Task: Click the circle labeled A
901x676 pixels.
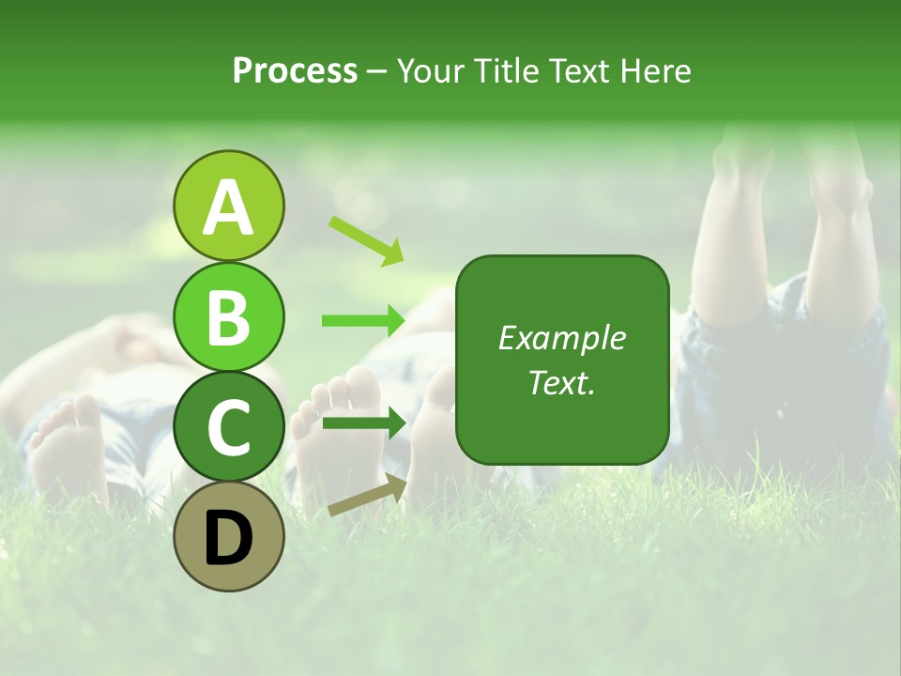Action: (229, 206)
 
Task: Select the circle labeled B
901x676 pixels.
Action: (229, 316)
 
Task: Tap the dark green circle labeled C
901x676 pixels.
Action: (229, 426)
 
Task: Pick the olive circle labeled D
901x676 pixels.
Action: (229, 536)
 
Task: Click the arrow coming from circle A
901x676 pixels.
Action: (366, 239)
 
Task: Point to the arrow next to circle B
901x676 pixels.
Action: (363, 321)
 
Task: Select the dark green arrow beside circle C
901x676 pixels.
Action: (364, 423)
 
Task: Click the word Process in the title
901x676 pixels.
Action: (295, 70)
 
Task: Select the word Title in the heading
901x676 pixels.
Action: (504, 70)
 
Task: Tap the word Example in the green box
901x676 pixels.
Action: (561, 338)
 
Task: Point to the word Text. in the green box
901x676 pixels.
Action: (561, 382)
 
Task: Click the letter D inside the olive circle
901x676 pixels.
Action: (229, 538)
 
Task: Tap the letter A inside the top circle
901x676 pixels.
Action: (229, 207)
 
